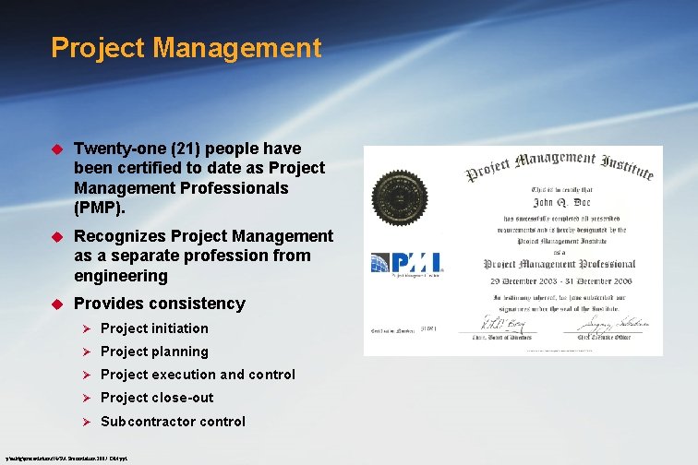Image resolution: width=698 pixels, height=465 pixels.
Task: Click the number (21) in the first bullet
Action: (x=177, y=149)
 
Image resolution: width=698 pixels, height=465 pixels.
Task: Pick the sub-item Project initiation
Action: (x=154, y=328)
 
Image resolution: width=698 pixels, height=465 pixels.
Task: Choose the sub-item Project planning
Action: (x=154, y=352)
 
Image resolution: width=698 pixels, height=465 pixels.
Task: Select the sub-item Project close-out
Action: (x=157, y=398)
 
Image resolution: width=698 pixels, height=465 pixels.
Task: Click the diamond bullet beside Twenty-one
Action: (x=55, y=149)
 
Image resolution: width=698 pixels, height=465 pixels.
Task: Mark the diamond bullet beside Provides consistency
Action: (x=55, y=304)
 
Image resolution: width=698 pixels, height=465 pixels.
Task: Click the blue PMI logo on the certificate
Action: (x=406, y=263)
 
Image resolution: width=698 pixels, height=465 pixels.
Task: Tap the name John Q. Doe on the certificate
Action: (x=554, y=198)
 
